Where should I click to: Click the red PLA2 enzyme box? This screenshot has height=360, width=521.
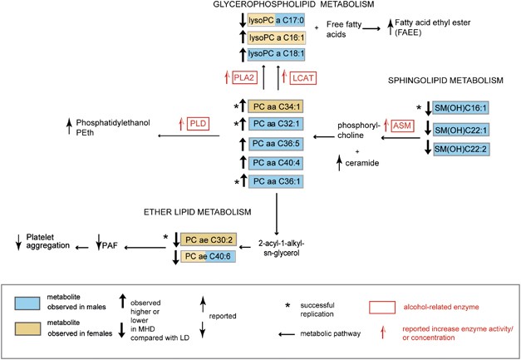click(243, 78)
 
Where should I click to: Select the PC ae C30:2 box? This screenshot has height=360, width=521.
click(209, 239)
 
